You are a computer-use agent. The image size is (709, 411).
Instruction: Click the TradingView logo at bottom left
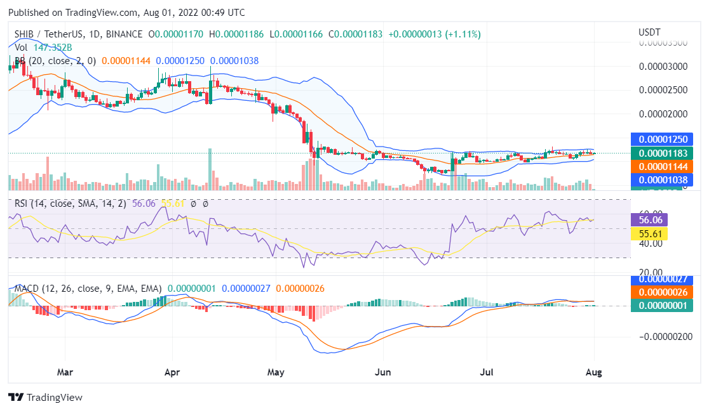point(45,397)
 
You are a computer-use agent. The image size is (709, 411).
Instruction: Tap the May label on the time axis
point(276,372)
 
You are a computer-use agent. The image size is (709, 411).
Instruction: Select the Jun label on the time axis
point(382,372)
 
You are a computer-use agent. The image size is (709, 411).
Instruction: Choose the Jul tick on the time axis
point(487,372)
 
